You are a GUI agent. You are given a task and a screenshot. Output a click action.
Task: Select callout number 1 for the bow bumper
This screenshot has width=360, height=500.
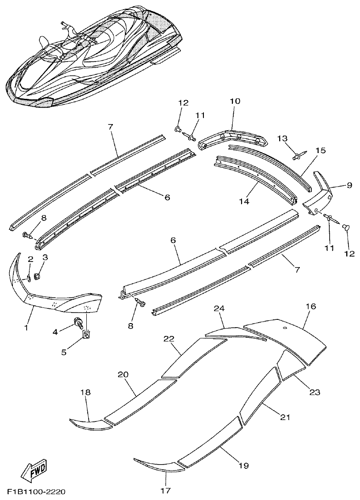(x=26, y=328)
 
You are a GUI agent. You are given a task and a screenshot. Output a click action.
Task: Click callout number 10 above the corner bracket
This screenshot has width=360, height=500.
(x=235, y=101)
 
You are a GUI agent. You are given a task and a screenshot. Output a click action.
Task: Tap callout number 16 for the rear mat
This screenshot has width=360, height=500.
(x=311, y=306)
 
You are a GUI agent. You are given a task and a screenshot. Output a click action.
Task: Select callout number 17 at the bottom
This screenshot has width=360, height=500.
(x=166, y=490)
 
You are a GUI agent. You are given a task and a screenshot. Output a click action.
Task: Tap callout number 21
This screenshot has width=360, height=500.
(x=285, y=417)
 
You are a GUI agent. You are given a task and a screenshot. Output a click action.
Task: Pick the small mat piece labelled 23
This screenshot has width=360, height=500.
(x=292, y=365)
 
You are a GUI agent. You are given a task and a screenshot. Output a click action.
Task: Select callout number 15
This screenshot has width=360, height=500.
(x=321, y=150)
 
